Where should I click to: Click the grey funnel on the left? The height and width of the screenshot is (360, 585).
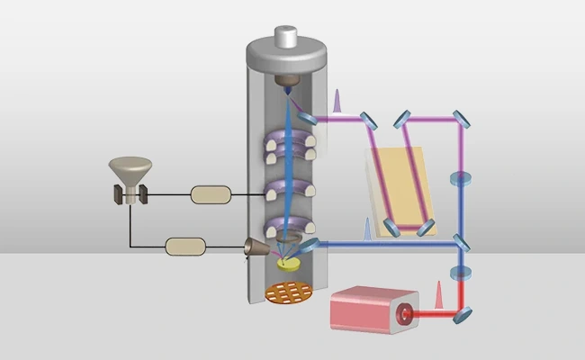coord(130,169)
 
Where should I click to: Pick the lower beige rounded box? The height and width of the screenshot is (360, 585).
coord(186,245)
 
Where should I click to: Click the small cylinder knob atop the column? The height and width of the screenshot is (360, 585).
coord(286,38)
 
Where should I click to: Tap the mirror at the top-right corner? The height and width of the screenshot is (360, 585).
coord(462,118)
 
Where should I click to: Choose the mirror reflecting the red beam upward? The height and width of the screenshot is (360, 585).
coord(462,313)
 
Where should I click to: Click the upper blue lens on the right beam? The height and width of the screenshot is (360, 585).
coord(462,178)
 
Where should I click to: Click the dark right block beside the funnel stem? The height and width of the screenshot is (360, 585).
coord(143,193)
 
